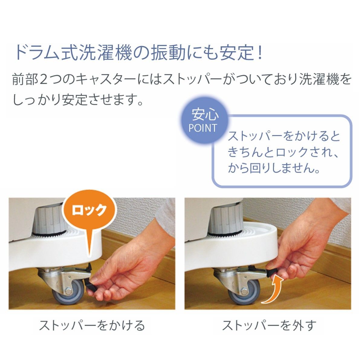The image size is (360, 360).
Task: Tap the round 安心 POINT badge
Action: pyautogui.click(x=203, y=122)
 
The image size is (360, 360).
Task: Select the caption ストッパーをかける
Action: pyautogui.click(x=92, y=326)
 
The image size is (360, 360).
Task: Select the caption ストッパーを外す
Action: pyautogui.click(x=269, y=326)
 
